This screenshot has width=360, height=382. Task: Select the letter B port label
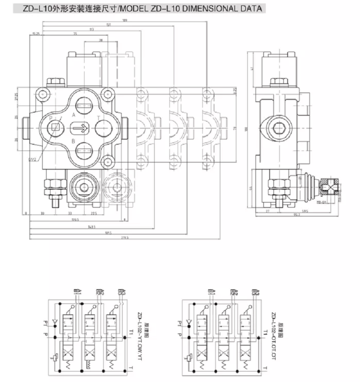coord(74,141)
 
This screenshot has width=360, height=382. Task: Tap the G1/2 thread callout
coord(32,159)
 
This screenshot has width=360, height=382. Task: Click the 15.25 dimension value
coord(36,34)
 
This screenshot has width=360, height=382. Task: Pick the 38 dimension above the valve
coord(101,39)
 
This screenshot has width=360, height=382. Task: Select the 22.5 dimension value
coord(94,213)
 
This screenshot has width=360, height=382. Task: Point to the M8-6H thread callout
coord(322,202)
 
